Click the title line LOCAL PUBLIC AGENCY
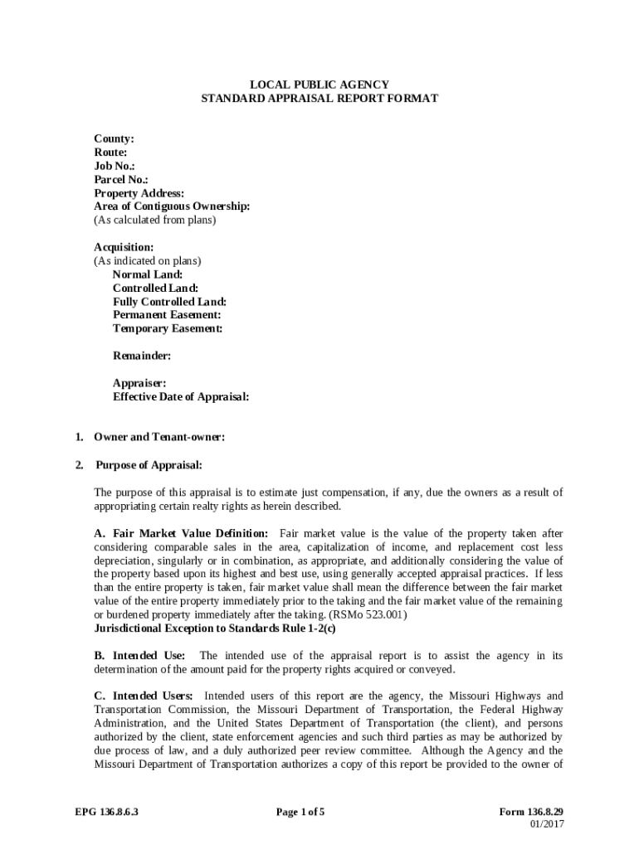click(x=319, y=85)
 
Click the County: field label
click(x=114, y=139)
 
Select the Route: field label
click(x=110, y=153)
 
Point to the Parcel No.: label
click(x=121, y=179)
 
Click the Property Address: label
click(x=139, y=193)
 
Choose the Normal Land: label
click(x=148, y=274)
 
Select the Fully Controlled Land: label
click(x=169, y=302)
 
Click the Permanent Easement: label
click(x=167, y=315)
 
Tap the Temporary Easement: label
click(x=168, y=328)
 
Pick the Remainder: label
click(x=142, y=356)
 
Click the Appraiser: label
click(x=139, y=383)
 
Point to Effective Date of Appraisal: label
click(x=181, y=396)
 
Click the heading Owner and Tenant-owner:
click(x=159, y=437)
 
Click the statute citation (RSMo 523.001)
click(x=368, y=614)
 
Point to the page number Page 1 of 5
click(x=300, y=812)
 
